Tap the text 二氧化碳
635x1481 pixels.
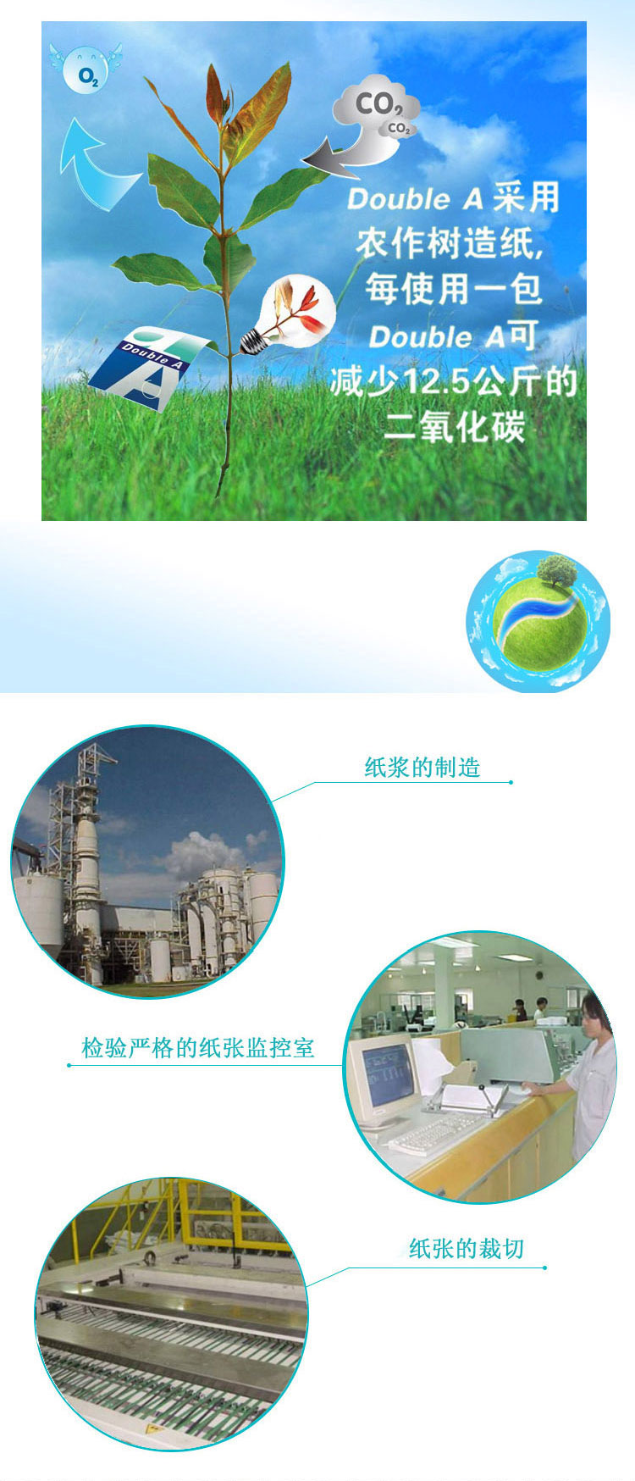click(x=454, y=426)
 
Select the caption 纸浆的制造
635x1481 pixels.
click(x=422, y=768)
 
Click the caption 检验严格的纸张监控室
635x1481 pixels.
click(x=198, y=1048)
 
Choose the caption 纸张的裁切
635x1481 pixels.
click(x=467, y=1248)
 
